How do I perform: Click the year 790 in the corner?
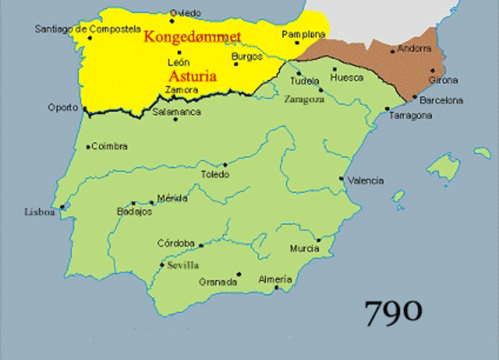click(x=394, y=312)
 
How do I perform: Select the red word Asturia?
click(x=192, y=76)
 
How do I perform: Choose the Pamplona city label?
click(x=303, y=35)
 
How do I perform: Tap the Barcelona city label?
click(x=441, y=101)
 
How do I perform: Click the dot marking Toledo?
click(x=225, y=164)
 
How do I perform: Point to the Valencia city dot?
click(x=342, y=178)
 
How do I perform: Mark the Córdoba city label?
click(x=175, y=243)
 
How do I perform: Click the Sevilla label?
click(x=183, y=264)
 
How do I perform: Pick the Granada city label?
click(x=218, y=282)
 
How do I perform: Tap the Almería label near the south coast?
click(x=275, y=279)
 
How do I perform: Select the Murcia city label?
click(x=304, y=249)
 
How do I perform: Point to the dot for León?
click(x=179, y=52)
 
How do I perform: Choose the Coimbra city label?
click(x=110, y=146)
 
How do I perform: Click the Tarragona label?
click(x=411, y=115)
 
